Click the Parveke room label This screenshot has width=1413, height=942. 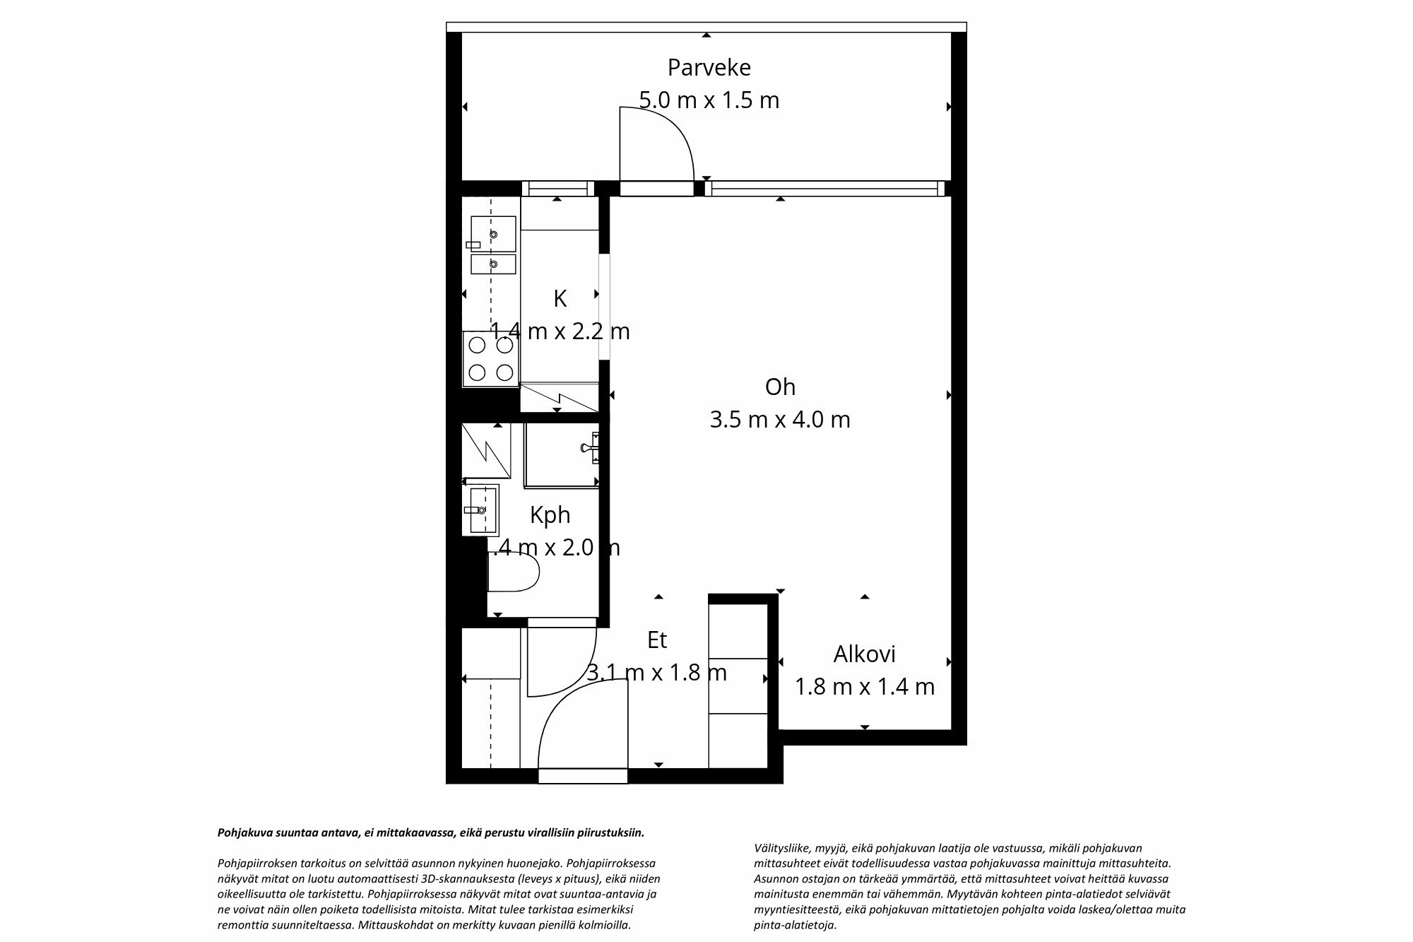point(709,68)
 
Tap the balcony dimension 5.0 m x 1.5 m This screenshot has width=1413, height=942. point(709,100)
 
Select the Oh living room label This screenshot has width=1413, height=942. point(780,387)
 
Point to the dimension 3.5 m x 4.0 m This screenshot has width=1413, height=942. point(780,420)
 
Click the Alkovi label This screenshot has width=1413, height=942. point(864,654)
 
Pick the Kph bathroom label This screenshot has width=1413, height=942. point(550,515)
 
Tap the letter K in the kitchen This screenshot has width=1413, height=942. point(560,299)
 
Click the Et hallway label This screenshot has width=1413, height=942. point(657,640)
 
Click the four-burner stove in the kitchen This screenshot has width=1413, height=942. point(491,359)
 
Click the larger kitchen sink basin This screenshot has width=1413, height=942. point(493,234)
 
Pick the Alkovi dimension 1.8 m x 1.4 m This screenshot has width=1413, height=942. point(864,687)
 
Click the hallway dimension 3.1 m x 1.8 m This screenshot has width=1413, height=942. point(657,673)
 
